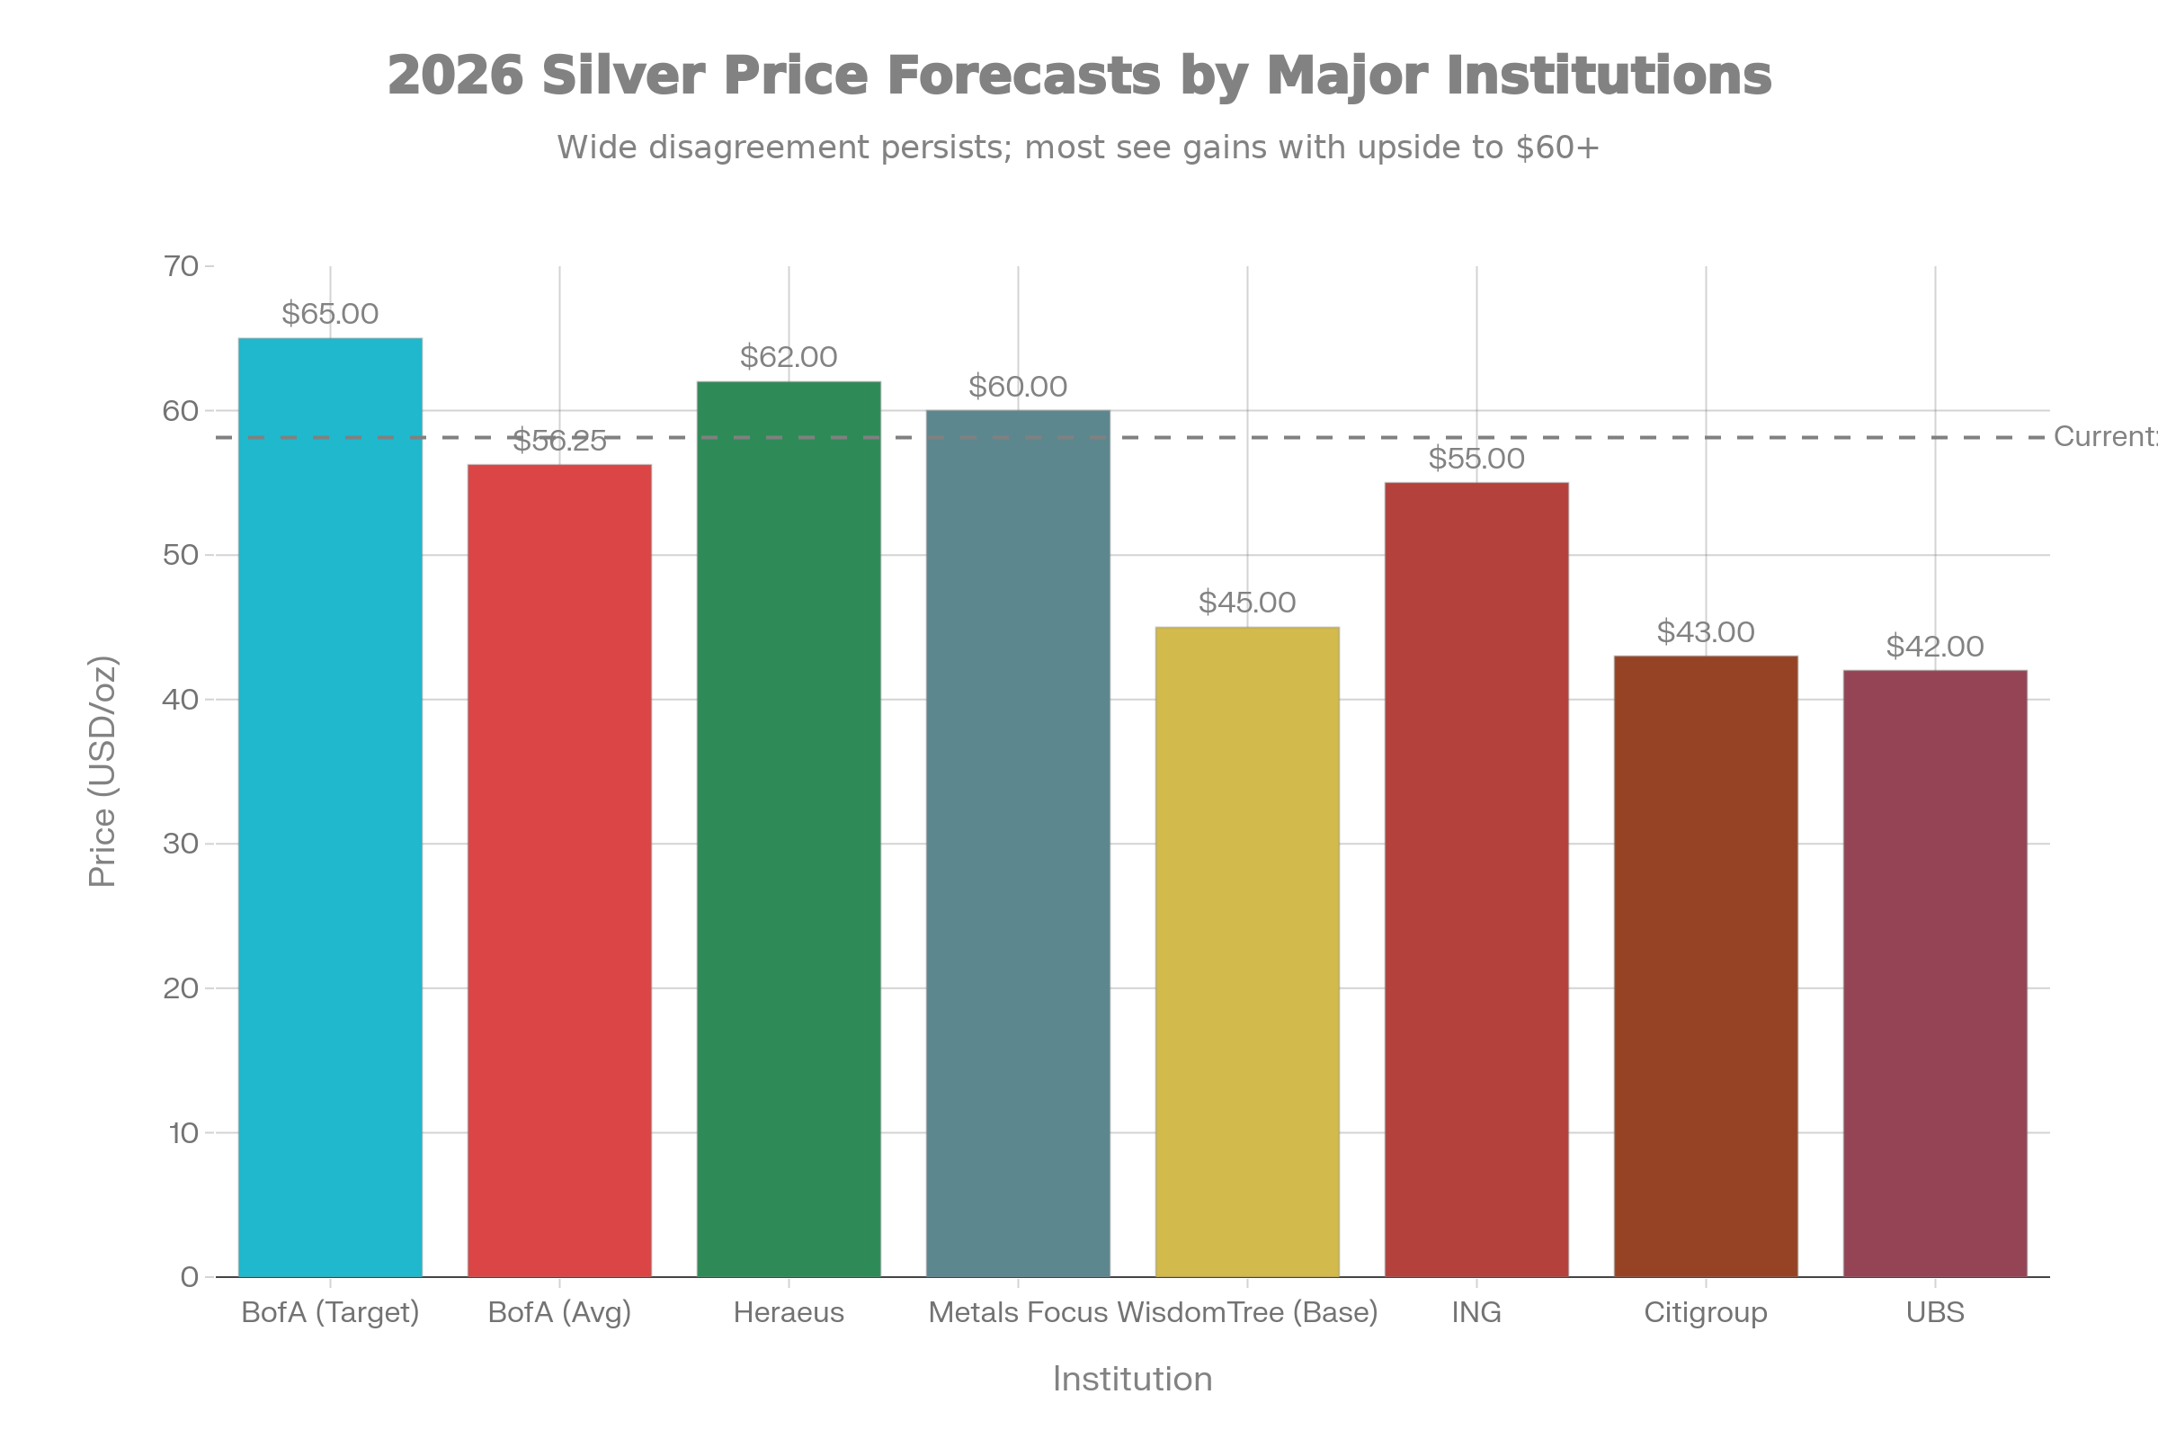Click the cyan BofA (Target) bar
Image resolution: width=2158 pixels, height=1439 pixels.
click(330, 808)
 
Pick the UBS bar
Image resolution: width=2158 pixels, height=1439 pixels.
click(1935, 973)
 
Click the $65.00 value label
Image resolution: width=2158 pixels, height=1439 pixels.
click(330, 314)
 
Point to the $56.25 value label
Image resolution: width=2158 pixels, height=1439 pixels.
click(559, 442)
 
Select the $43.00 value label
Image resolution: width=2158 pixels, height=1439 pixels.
click(1706, 631)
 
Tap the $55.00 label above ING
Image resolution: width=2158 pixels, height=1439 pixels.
click(1476, 458)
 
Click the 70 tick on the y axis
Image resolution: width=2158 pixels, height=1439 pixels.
click(182, 266)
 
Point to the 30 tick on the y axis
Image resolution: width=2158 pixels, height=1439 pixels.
click(182, 844)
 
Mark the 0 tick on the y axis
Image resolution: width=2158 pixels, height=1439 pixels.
click(190, 1276)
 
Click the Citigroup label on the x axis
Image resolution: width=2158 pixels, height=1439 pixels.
click(1706, 1312)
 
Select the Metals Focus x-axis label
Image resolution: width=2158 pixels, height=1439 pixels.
click(1018, 1312)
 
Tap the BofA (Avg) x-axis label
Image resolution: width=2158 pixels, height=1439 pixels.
click(559, 1312)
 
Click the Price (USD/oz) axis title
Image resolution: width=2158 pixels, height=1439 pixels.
click(103, 771)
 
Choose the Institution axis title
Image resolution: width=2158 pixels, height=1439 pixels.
click(1132, 1379)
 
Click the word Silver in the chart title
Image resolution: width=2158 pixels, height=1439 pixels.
click(622, 76)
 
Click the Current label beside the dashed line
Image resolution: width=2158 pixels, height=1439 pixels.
click(2103, 437)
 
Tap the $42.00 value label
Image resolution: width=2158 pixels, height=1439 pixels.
click(1935, 646)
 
